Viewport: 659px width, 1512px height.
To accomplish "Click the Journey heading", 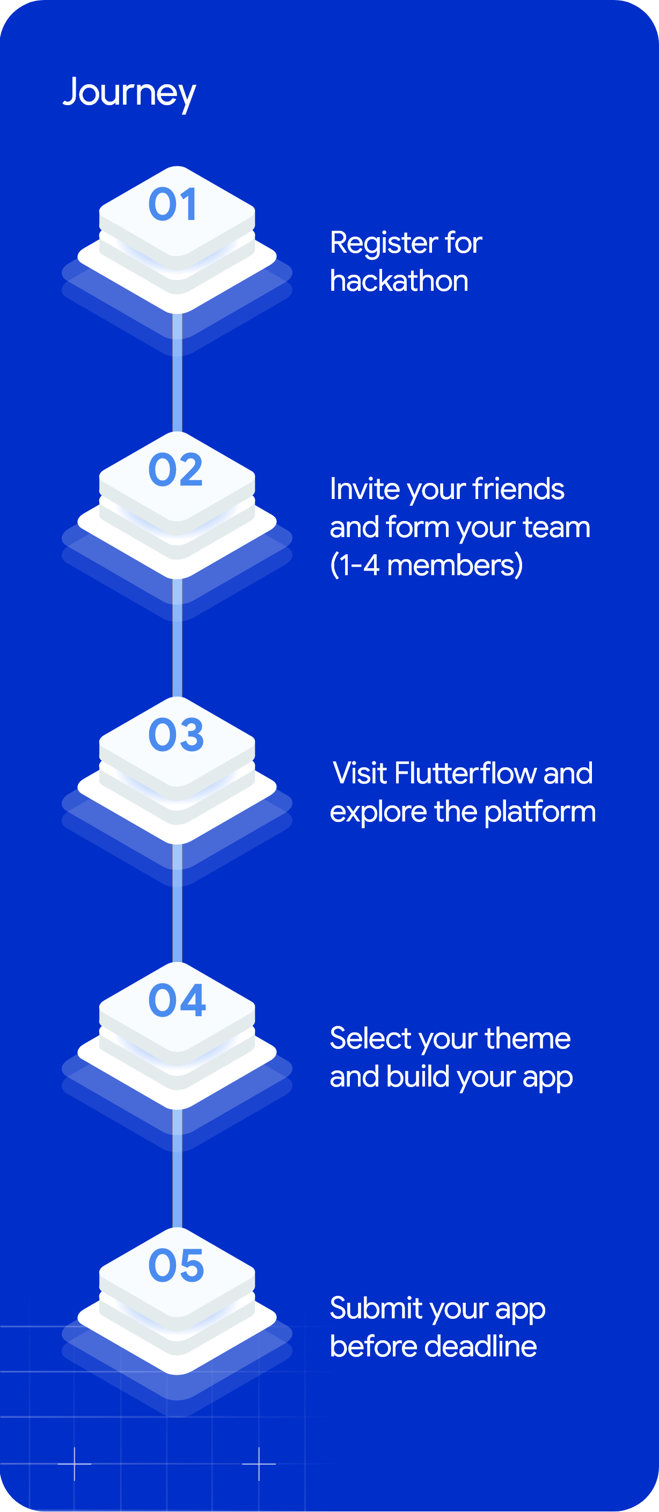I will coord(129,92).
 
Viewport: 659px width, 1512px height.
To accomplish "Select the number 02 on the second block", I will coord(175,470).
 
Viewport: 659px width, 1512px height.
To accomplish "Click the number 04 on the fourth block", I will coord(177,1000).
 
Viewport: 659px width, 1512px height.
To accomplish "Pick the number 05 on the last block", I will coord(176,1266).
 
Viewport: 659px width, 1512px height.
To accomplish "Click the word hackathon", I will coord(399,281).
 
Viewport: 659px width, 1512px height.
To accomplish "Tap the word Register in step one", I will coord(383,243).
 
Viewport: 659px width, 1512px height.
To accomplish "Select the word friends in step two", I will coord(518,489).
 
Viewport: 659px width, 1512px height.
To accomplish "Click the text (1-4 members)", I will coord(426,565).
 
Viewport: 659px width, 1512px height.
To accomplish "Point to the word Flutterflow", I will coord(465,773).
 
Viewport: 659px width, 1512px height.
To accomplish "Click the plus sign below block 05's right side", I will coord(259,1464).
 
